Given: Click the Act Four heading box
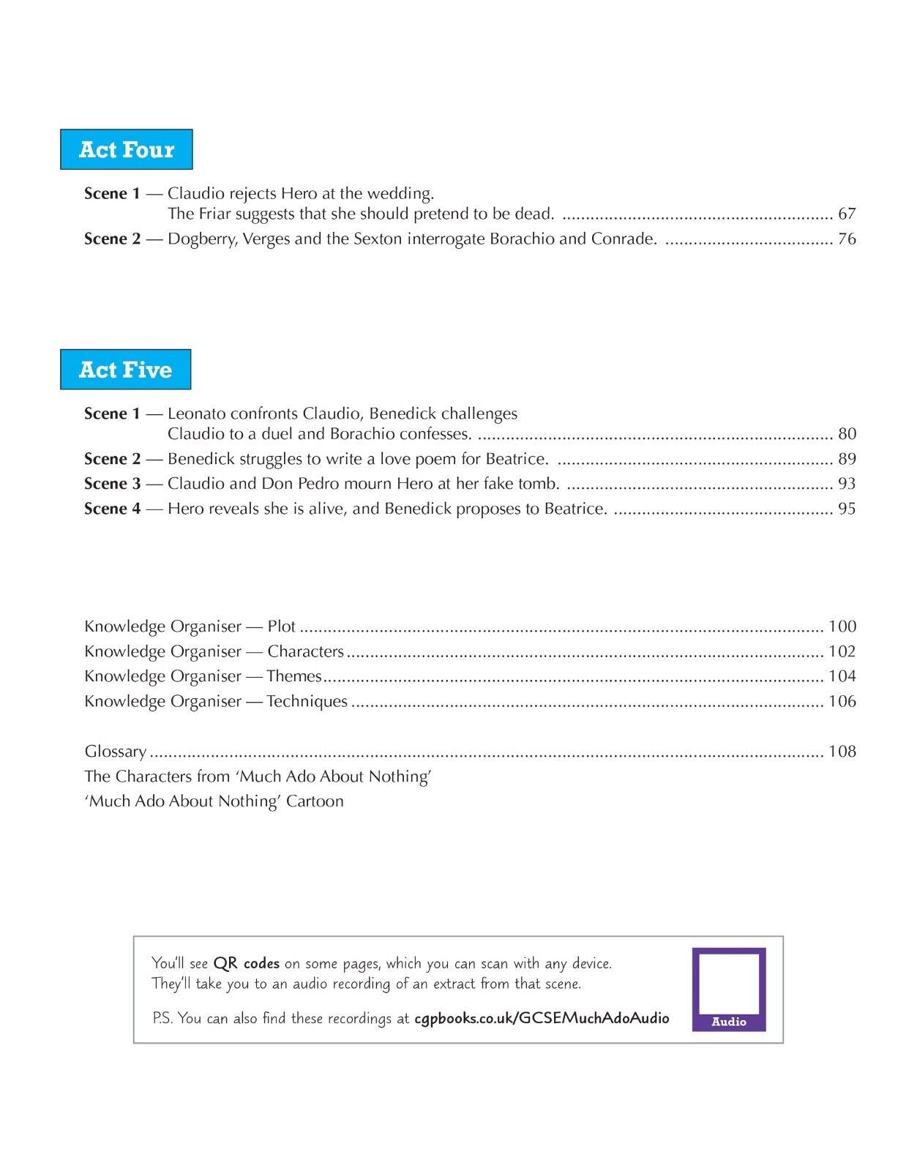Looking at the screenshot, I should pyautogui.click(x=127, y=149).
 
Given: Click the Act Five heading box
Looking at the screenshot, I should pyautogui.click(x=126, y=370).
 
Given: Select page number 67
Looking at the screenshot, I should pyautogui.click(x=847, y=214).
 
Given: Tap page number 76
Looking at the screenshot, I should pyautogui.click(x=847, y=239).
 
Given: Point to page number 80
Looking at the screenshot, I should pyautogui.click(x=847, y=434).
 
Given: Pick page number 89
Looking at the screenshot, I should pyautogui.click(x=847, y=459).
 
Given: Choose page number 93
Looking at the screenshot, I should pyautogui.click(x=847, y=484).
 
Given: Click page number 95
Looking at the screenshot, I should pyautogui.click(x=847, y=509).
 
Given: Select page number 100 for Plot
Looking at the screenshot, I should pyautogui.click(x=842, y=626).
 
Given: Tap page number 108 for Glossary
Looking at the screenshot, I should pyautogui.click(x=842, y=752).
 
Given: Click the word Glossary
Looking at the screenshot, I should pyautogui.click(x=116, y=752).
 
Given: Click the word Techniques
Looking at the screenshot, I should pyautogui.click(x=307, y=701).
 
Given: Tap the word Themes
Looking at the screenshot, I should pyautogui.click(x=294, y=676).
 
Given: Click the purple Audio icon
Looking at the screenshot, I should pyautogui.click(x=729, y=989).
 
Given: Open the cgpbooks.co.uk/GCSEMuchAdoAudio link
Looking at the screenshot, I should pyautogui.click(x=542, y=1018).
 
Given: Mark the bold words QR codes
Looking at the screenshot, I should pyautogui.click(x=246, y=963).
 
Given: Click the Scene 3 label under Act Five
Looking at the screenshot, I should pyautogui.click(x=112, y=484).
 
